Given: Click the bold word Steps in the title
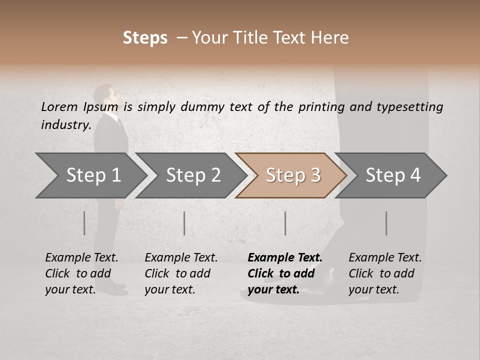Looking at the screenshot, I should [145, 38].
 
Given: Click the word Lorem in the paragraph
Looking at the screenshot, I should [59, 106].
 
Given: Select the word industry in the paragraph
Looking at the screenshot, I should [65, 124].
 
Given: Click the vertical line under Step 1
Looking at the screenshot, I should [84, 223].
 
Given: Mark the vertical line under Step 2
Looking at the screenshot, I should [184, 223].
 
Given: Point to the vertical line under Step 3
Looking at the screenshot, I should [285, 223].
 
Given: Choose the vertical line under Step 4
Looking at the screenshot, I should [386, 223].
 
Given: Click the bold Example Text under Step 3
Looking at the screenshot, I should [285, 258].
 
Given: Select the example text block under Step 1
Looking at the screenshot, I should [81, 273].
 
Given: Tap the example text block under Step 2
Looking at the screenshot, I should [181, 273].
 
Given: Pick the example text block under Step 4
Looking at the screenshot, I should [385, 273].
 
